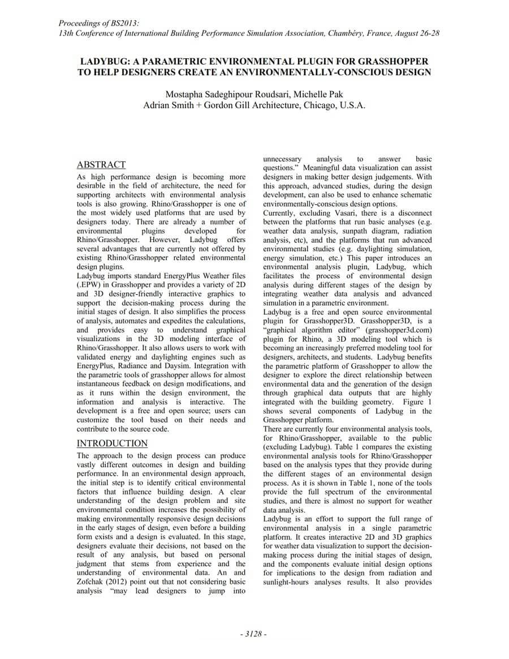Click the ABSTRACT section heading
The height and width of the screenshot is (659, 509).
point(101,165)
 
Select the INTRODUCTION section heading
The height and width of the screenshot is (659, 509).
point(112,443)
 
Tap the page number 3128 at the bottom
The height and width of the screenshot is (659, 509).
point(253,634)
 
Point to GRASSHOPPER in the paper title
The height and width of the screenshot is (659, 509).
point(392,61)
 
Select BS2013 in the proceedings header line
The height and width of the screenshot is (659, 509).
point(124,23)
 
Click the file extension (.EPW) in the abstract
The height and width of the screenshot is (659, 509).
point(89,285)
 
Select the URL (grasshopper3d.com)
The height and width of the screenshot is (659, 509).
point(399,330)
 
